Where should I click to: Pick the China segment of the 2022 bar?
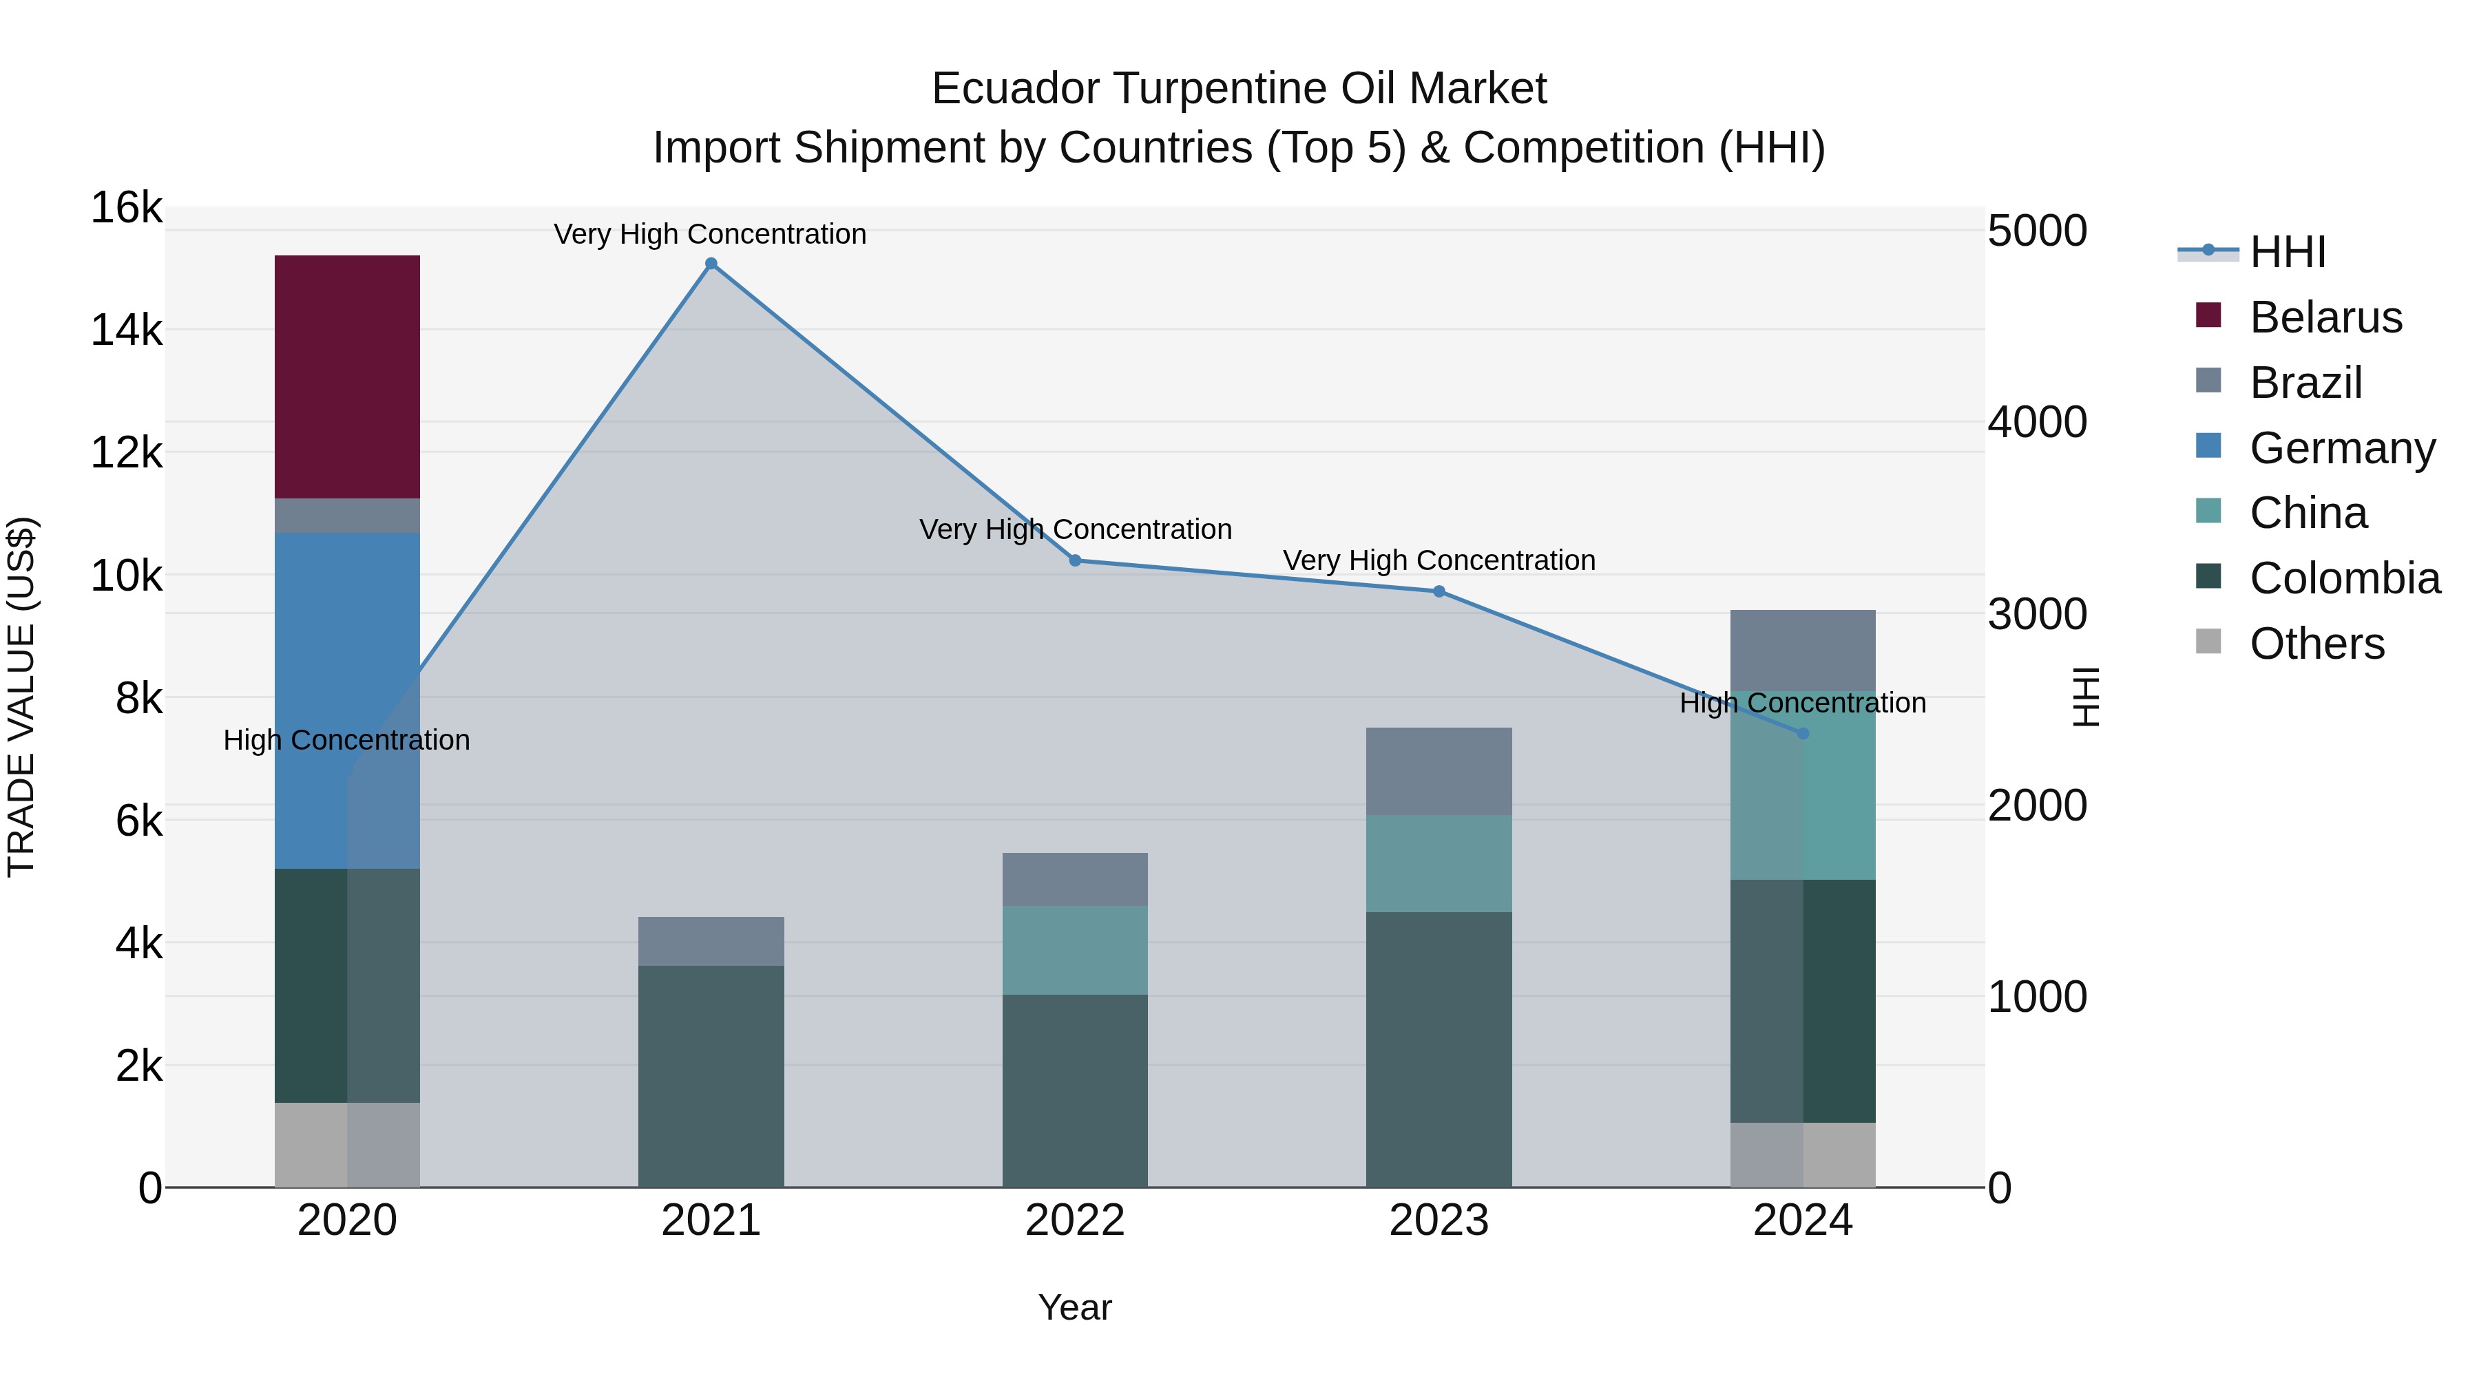tap(1074, 949)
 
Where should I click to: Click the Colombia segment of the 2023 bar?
tap(1438, 1048)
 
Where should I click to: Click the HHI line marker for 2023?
tap(1438, 591)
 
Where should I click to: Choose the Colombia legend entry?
tap(2343, 578)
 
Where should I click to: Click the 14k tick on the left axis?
tap(126, 330)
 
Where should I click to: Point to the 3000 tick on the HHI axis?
tap(2036, 614)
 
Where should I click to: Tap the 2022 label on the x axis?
tap(1074, 1221)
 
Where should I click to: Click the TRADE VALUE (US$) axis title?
tap(21, 697)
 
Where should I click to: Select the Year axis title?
tap(1074, 1307)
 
